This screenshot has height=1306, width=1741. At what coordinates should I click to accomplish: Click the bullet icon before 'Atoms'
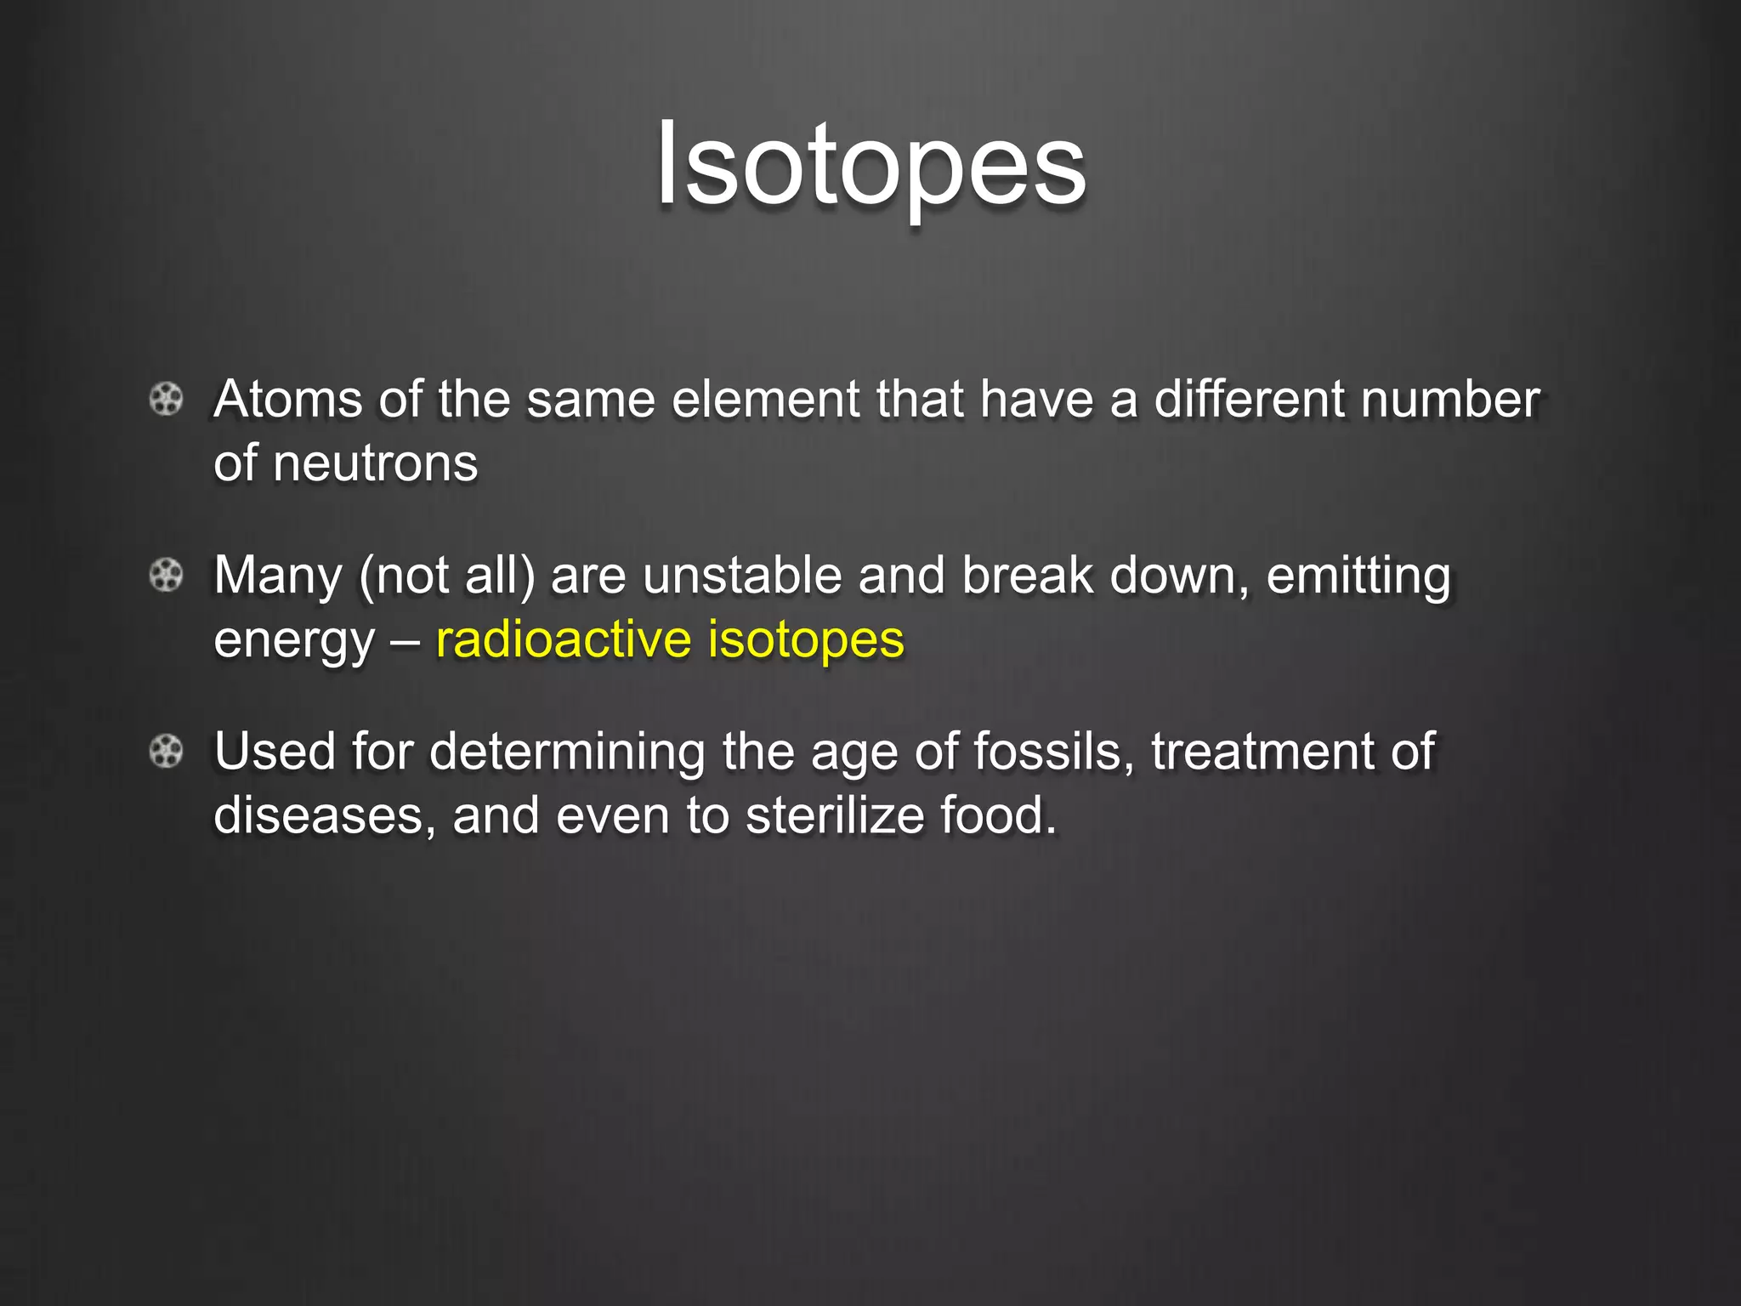click(x=167, y=399)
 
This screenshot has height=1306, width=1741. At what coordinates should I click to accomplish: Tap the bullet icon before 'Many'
click(x=167, y=576)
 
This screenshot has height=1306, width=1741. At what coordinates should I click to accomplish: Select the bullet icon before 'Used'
click(x=167, y=752)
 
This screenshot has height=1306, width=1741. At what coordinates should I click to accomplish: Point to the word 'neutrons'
click(x=375, y=464)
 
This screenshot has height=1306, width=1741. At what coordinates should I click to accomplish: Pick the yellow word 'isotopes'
click(x=806, y=641)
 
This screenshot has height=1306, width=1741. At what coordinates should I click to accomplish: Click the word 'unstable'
click(x=742, y=576)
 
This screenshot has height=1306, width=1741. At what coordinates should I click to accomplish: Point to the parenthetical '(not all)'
click(x=447, y=576)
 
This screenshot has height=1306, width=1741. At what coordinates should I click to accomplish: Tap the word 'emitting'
click(x=1358, y=576)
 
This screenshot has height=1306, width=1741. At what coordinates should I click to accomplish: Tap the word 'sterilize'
click(x=835, y=816)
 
